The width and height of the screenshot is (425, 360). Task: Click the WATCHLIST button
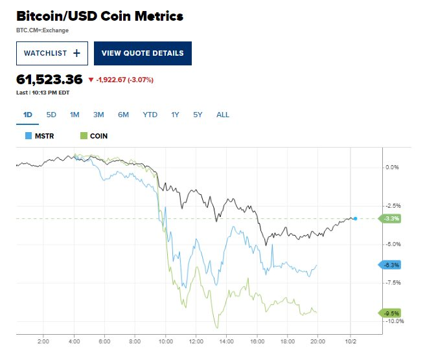[52, 53]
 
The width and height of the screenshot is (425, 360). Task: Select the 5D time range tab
[51, 115]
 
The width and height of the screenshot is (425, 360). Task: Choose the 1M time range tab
[75, 115]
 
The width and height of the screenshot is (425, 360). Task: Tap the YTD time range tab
[150, 115]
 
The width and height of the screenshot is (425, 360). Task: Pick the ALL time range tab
[222, 115]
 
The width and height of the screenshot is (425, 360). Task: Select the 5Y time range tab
[198, 115]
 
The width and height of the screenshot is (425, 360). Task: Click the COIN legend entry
[93, 136]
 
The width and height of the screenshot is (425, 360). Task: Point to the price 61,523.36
[49, 80]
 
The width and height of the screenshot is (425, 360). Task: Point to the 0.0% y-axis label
[392, 167]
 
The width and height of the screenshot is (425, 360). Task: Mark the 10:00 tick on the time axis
[165, 341]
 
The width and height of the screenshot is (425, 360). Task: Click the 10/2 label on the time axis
[350, 341]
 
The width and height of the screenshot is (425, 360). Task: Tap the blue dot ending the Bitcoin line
[356, 218]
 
